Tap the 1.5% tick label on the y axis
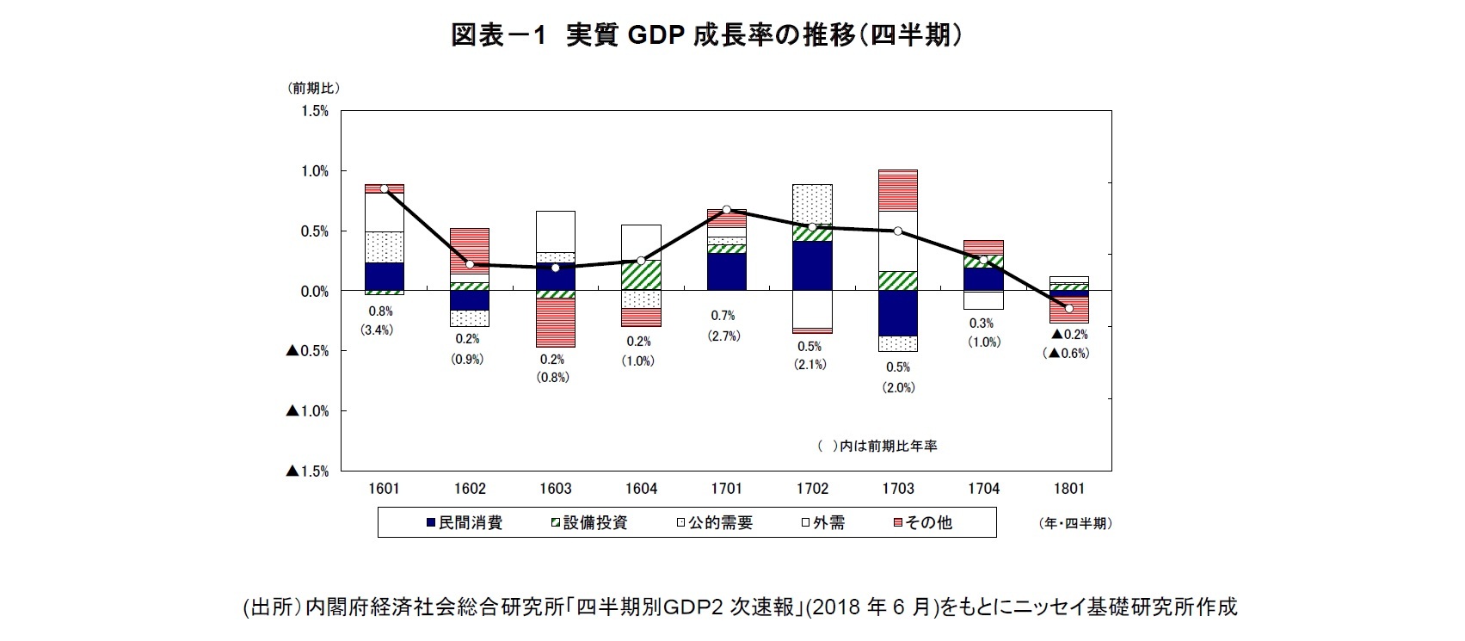314,111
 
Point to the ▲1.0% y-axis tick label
307,411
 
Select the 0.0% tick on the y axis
314,292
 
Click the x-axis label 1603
555,489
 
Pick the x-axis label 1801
1068,489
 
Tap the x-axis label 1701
726,489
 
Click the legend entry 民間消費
464,522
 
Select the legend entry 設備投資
588,522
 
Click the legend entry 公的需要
714,522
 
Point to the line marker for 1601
384,188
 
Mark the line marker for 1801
1069,308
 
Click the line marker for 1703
897,231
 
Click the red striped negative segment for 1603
555,323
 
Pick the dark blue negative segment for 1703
897,313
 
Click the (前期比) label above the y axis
314,88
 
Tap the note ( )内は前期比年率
877,446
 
